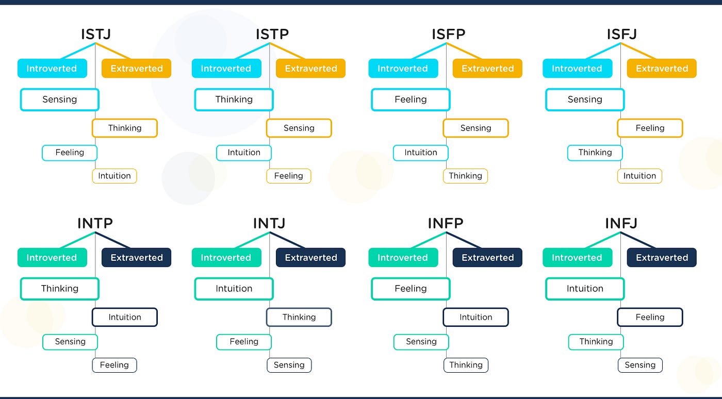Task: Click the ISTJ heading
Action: pyautogui.click(x=95, y=35)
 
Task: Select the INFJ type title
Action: pyautogui.click(x=621, y=223)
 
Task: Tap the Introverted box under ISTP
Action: pyautogui.click(x=226, y=69)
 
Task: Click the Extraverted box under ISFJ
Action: pyautogui.click(x=662, y=69)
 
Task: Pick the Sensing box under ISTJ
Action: pyautogui.click(x=59, y=99)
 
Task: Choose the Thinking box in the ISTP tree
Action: pyautogui.click(x=234, y=99)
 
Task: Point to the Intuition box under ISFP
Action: pyautogui.click(x=420, y=153)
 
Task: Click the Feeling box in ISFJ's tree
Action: pyautogui.click(x=650, y=128)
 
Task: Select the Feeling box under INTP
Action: pyautogui.click(x=114, y=365)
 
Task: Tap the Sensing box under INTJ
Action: pyautogui.click(x=289, y=365)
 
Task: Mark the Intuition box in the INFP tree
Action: pyautogui.click(x=475, y=317)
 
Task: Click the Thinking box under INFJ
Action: pyautogui.click(x=596, y=341)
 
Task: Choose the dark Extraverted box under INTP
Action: pyautogui.click(x=136, y=258)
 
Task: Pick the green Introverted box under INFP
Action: pyautogui.click(x=403, y=258)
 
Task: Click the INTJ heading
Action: pyautogui.click(x=269, y=223)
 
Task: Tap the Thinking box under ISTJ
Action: pyautogui.click(x=124, y=128)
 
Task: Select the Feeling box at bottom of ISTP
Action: pyautogui.click(x=288, y=176)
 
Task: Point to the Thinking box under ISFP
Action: pyautogui.click(x=465, y=176)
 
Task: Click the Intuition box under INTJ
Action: pyautogui.click(x=234, y=289)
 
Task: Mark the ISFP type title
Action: pyautogui.click(x=448, y=35)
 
